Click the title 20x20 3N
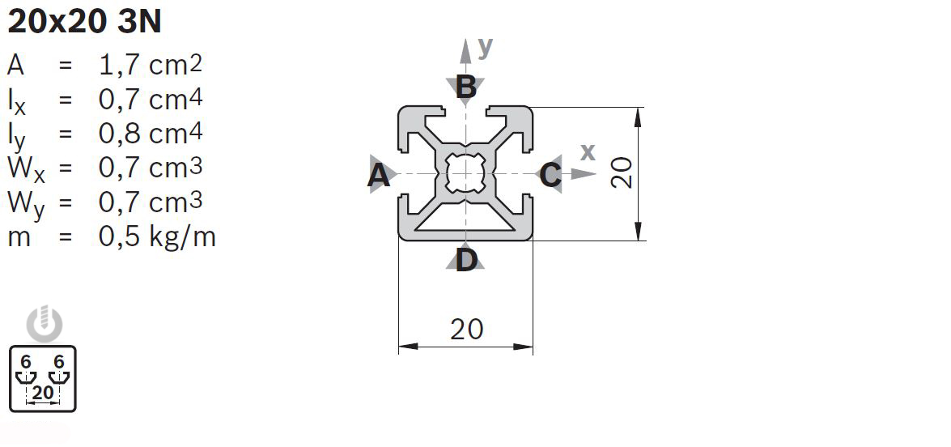(x=84, y=22)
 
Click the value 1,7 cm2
(x=151, y=65)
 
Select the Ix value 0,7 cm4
(x=151, y=100)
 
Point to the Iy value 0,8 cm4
(x=151, y=134)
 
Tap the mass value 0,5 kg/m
(x=157, y=236)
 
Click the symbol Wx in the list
(x=26, y=169)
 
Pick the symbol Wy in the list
(x=26, y=204)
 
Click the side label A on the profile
(x=379, y=176)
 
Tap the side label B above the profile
(x=466, y=87)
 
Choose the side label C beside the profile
(x=550, y=175)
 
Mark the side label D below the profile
(x=466, y=261)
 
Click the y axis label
(x=485, y=47)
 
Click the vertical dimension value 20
(x=622, y=172)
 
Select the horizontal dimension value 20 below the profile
(x=467, y=329)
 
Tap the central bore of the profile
(x=465, y=173)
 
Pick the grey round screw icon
(x=45, y=325)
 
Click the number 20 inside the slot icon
(x=43, y=393)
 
